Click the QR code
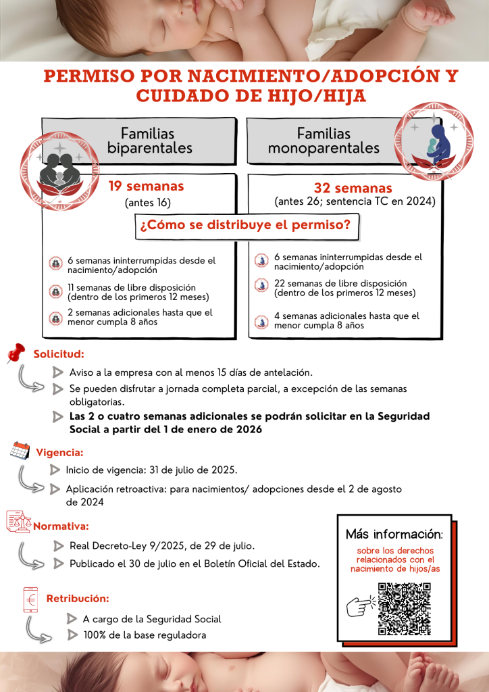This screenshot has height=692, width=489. [404, 608]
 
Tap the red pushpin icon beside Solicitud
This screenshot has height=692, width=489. [16, 353]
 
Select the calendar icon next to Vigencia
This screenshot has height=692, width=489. [20, 451]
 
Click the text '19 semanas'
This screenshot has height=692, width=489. [146, 186]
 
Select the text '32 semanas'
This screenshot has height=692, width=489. [353, 188]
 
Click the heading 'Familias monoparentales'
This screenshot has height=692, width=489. [324, 141]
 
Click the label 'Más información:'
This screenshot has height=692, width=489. [394, 535]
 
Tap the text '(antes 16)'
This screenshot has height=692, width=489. [148, 203]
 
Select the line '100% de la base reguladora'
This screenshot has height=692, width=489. [144, 635]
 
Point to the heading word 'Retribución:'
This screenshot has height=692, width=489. [77, 599]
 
